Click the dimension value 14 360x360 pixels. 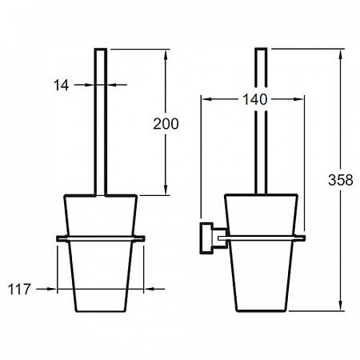point(61,86)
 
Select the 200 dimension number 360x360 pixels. point(166,124)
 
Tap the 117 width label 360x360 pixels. point(19,290)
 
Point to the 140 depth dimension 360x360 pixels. point(254,99)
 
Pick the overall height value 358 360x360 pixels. point(341,180)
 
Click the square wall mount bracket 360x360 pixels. point(206,238)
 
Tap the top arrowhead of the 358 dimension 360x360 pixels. point(341,54)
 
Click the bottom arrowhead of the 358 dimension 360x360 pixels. point(341,305)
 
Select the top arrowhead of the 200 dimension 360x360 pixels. point(166,54)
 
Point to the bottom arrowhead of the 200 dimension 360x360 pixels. point(166,190)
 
